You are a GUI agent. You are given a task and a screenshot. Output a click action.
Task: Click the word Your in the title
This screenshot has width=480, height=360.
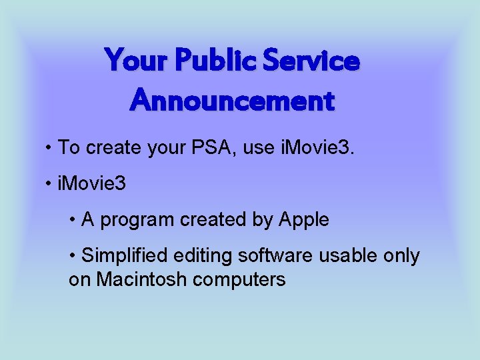[137, 61]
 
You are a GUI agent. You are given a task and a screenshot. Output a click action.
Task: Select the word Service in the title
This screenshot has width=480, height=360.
[311, 61]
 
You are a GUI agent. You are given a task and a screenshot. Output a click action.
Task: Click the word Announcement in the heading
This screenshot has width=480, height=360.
[233, 101]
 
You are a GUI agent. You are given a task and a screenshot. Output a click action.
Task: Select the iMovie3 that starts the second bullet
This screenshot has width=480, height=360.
[92, 183]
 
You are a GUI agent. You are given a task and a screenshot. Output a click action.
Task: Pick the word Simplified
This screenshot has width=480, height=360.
[125, 256]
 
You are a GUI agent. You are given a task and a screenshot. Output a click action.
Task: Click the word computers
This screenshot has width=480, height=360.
[239, 279]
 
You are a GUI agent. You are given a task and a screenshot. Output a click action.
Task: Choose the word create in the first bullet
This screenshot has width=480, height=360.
[109, 147]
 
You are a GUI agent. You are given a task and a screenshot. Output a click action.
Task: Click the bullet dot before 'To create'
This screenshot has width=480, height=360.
[50, 147]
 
